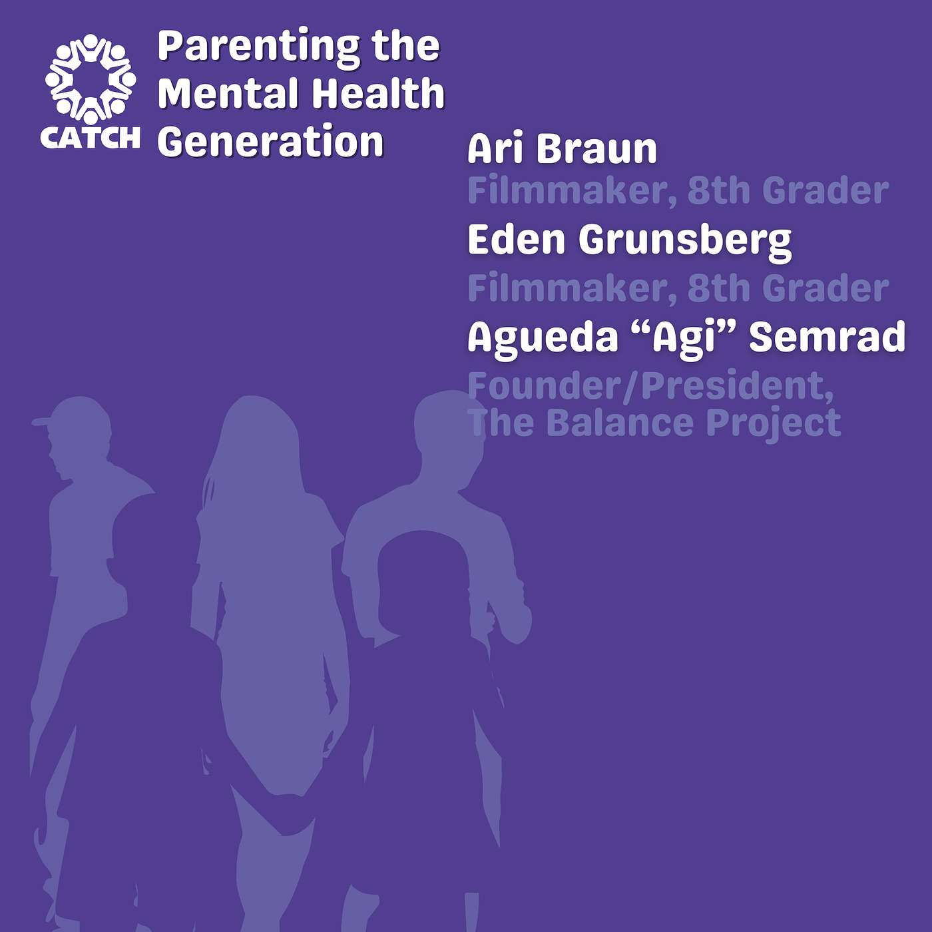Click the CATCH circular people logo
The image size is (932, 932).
[91, 79]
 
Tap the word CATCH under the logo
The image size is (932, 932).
[90, 138]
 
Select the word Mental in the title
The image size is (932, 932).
[227, 93]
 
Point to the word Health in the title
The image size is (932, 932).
[378, 93]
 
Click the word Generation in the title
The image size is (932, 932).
[271, 141]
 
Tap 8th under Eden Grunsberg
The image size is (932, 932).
[720, 288]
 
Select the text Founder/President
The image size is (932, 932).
[650, 386]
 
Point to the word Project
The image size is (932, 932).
[774, 425]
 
